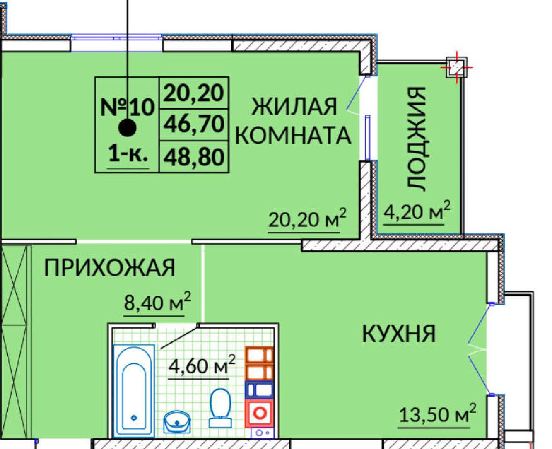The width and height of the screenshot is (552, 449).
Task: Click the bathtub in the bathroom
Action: click(134, 391)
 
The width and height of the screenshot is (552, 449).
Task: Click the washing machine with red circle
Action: click(259, 412)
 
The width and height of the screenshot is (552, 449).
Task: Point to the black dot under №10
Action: click(127, 127)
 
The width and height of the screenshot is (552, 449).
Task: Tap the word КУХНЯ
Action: click(399, 334)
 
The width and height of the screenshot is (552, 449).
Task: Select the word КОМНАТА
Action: click(293, 136)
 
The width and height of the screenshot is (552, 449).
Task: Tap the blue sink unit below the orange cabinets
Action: click(259, 390)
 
